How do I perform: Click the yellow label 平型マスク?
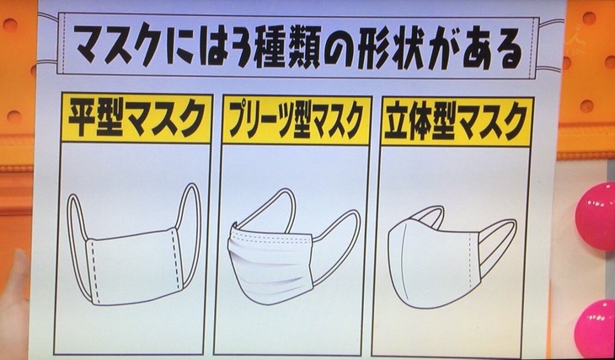pyautogui.click(x=136, y=119)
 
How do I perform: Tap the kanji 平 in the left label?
pyautogui.click(x=83, y=118)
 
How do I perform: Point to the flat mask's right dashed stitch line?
pyautogui.click(x=174, y=261)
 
